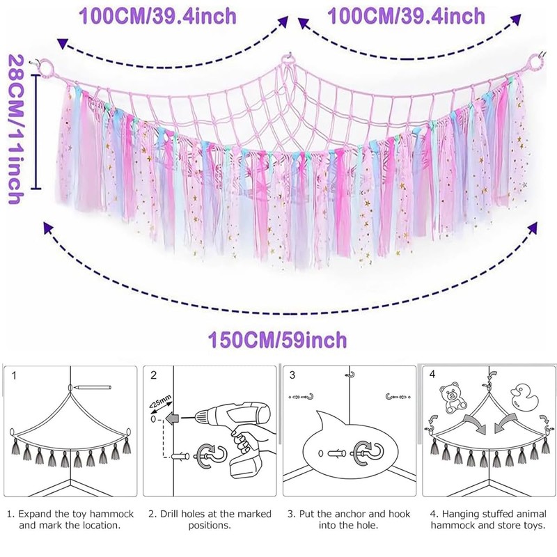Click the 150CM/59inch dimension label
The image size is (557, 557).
point(277,340)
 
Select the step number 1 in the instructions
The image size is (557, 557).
point(14,375)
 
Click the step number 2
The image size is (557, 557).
point(153,375)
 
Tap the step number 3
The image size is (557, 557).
point(292,375)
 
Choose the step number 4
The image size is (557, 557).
point(432,375)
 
